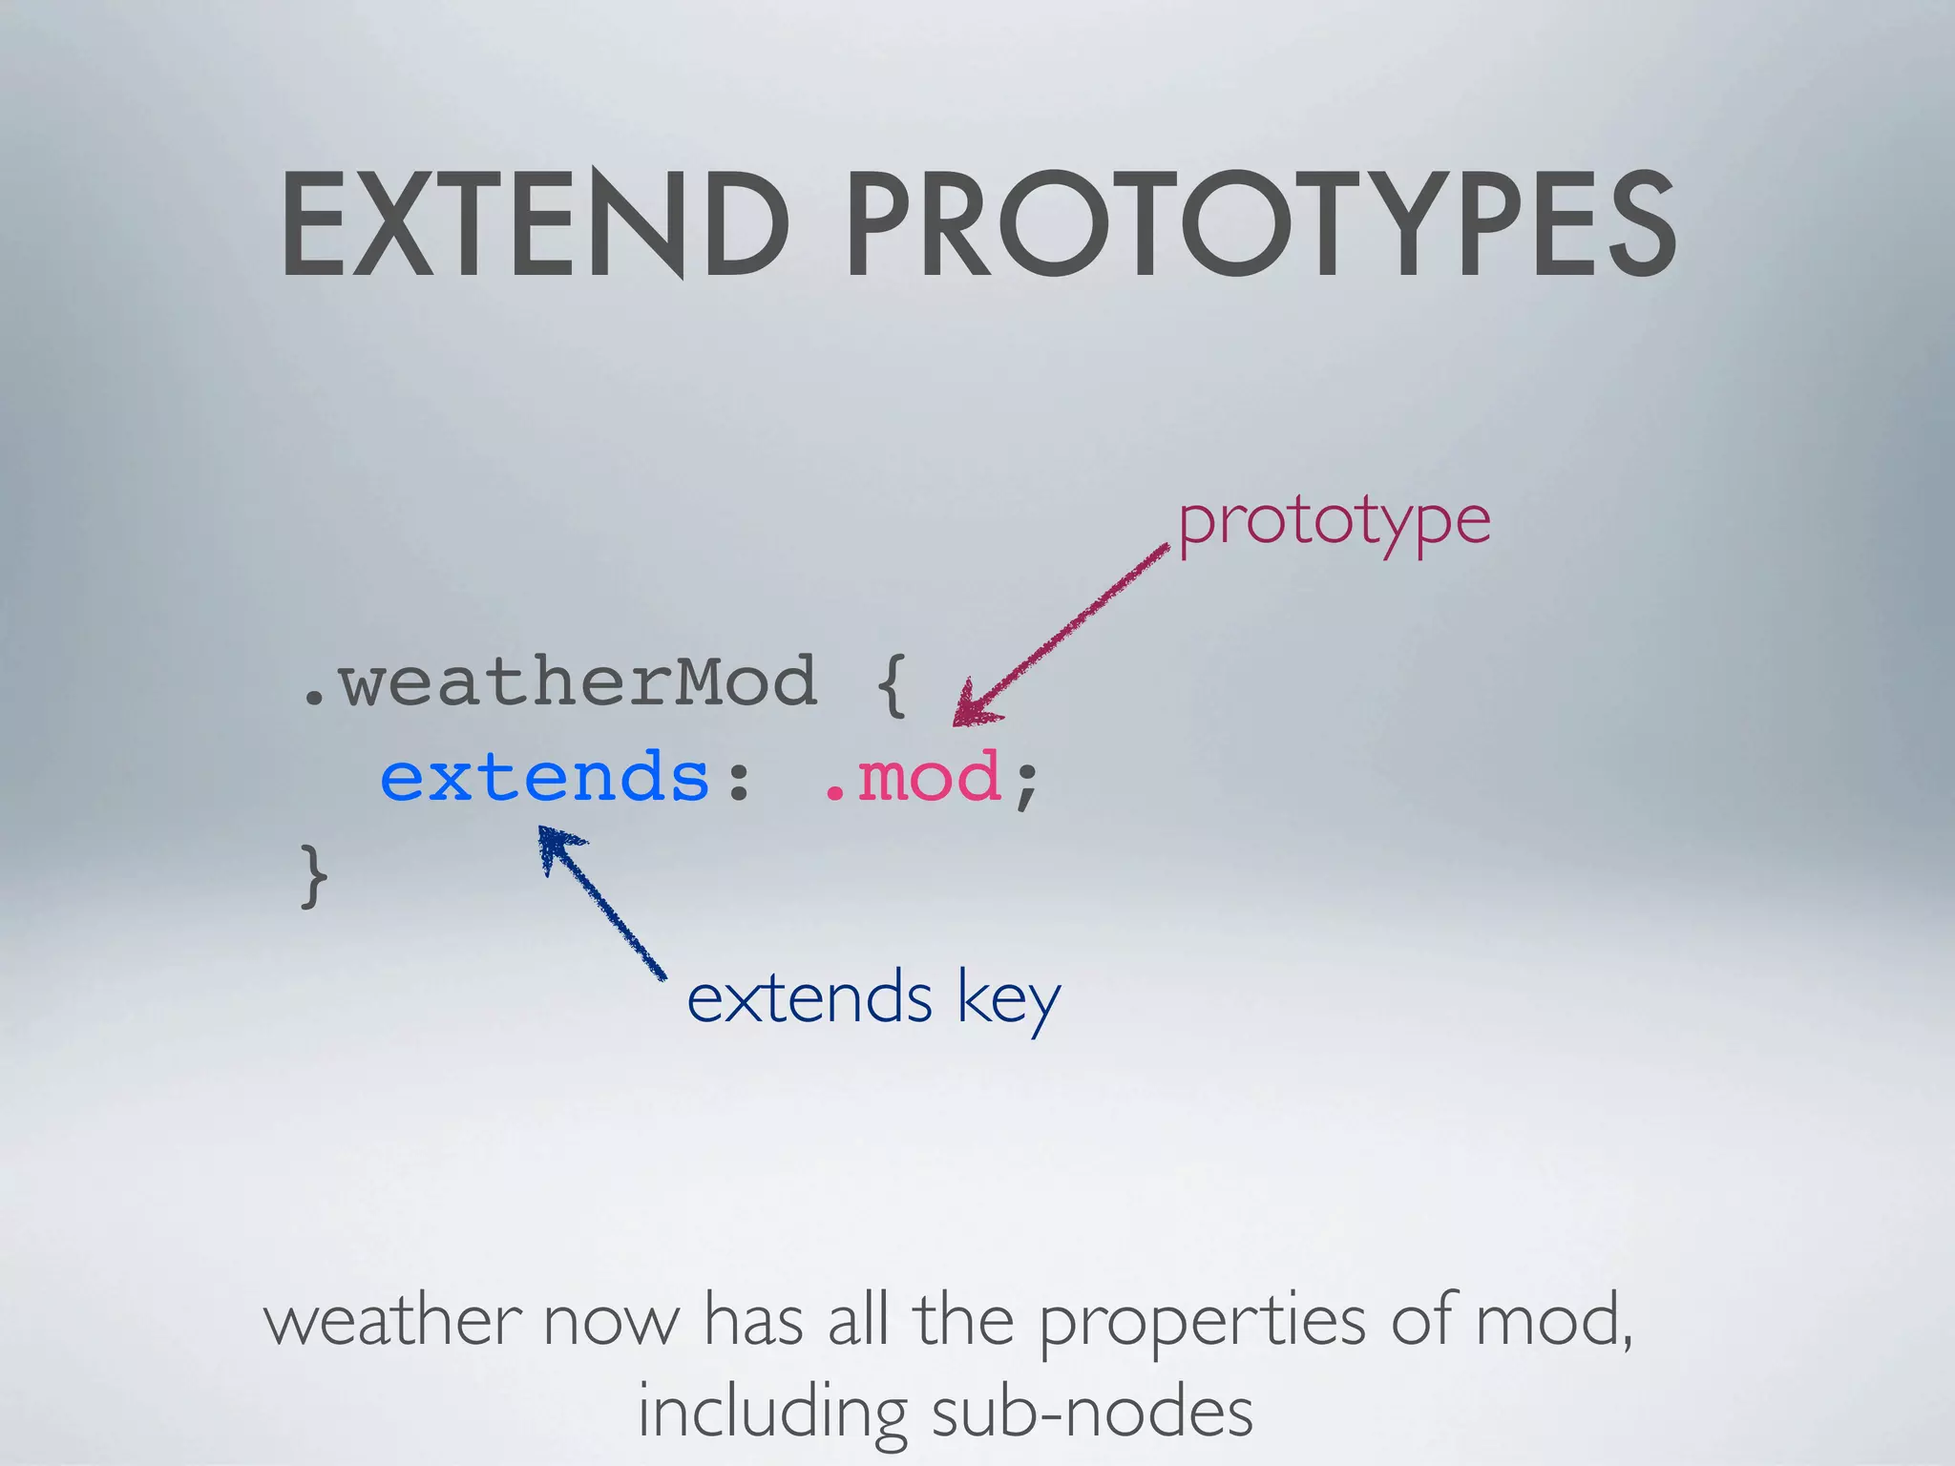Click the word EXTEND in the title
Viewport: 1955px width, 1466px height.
point(535,225)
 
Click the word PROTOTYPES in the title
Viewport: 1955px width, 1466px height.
point(1260,225)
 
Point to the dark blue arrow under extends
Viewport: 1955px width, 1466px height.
point(601,902)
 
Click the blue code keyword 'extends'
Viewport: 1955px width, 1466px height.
point(545,777)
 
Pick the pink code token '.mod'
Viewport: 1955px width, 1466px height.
point(912,777)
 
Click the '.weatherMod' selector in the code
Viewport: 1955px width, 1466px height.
point(559,681)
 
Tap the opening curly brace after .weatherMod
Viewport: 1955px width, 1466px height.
point(890,685)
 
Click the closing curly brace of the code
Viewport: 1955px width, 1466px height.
point(314,876)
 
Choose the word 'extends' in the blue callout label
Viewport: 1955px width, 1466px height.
point(809,998)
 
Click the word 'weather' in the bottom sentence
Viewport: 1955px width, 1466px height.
point(392,1321)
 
